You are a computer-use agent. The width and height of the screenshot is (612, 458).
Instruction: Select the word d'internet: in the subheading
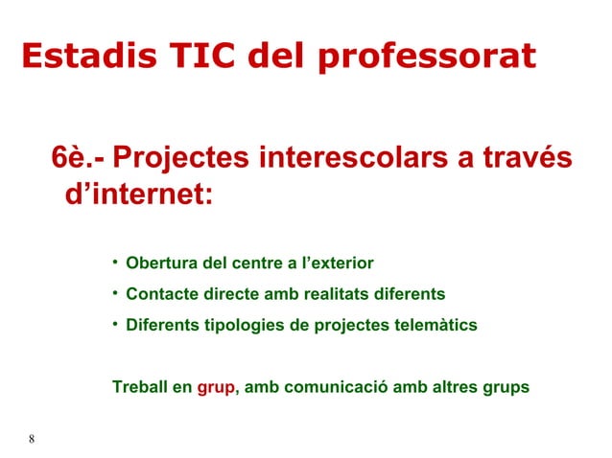coord(137,195)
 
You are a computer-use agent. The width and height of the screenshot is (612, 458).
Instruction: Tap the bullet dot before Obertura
coord(114,262)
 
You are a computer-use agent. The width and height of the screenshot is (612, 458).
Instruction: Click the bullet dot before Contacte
coord(114,292)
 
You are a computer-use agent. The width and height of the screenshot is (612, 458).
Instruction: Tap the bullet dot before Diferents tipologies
coord(114,323)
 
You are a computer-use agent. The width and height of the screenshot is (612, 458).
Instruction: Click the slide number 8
coord(32,440)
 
